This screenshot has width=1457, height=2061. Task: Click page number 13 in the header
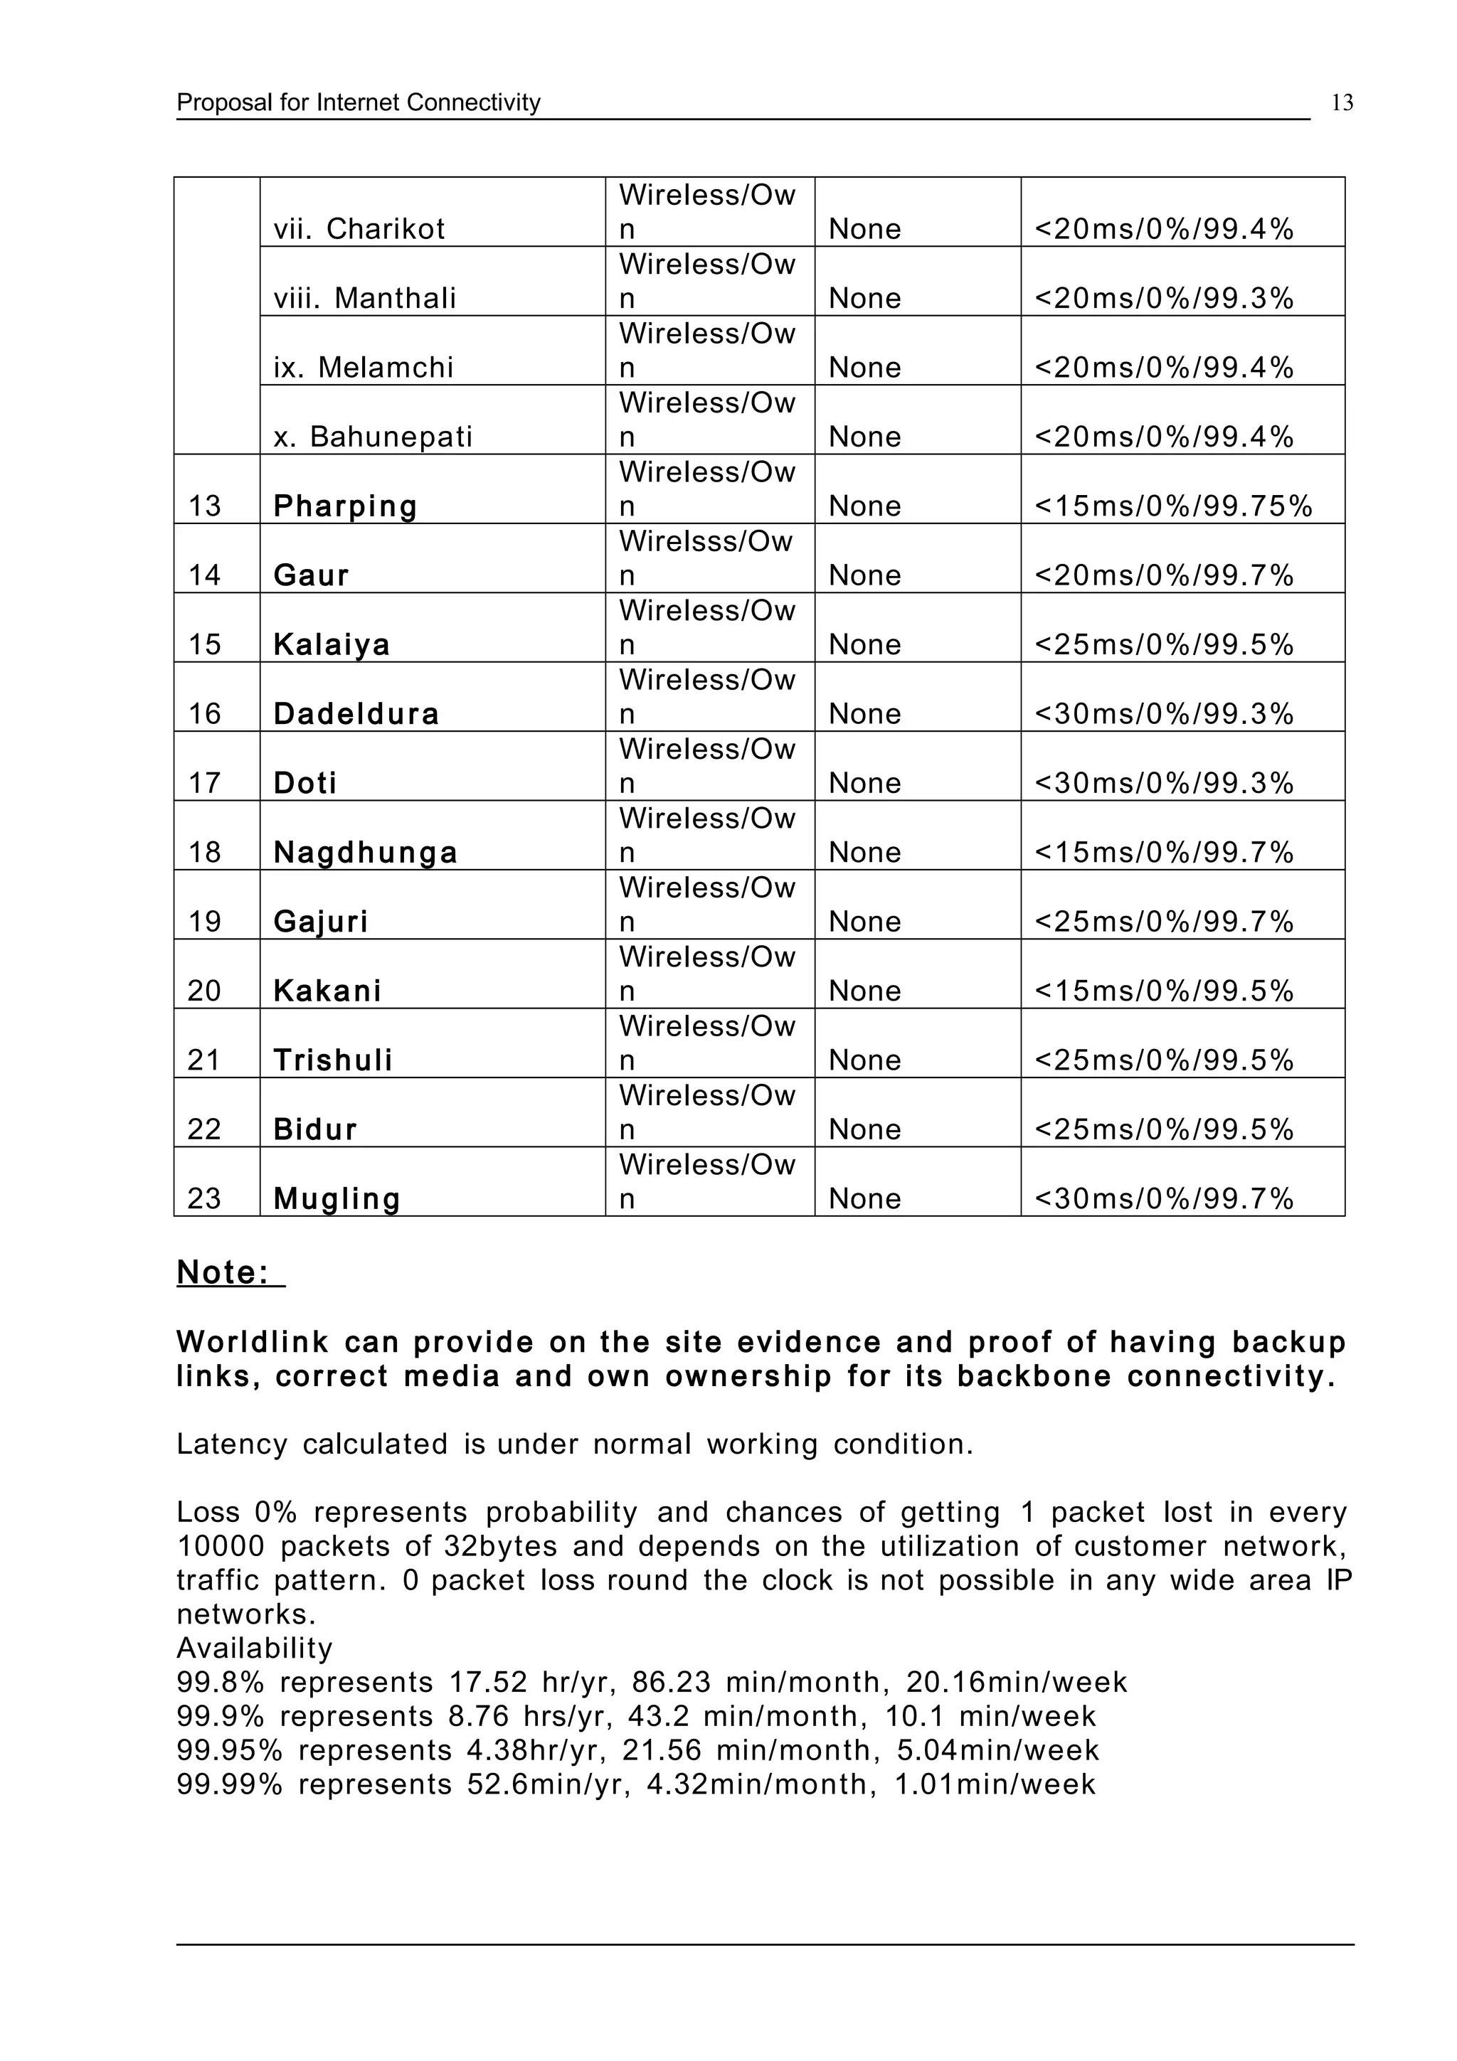coord(1342,103)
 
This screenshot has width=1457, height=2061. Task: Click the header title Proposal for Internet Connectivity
coord(358,103)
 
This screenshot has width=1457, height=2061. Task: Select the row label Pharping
coord(345,506)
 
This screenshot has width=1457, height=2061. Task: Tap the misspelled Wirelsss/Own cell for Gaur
coord(706,558)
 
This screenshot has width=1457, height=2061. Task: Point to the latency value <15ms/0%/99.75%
coord(1173,506)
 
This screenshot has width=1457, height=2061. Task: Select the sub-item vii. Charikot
coord(359,229)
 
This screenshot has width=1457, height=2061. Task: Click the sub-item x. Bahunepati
coord(373,437)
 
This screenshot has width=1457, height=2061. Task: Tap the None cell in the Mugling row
coord(864,1198)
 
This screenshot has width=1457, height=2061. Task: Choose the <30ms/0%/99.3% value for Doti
coord(1163,783)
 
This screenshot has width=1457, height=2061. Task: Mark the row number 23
coord(205,1198)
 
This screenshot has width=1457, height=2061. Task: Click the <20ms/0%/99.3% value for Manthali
coord(1163,298)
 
